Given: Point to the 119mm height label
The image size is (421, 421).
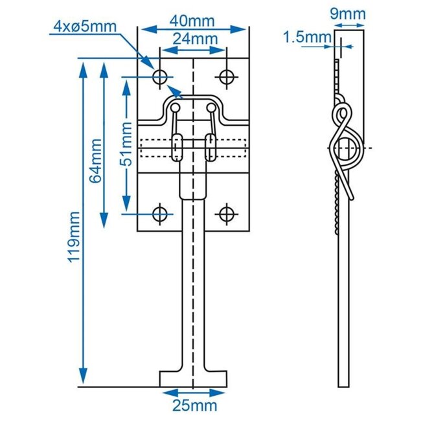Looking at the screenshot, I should (76, 236).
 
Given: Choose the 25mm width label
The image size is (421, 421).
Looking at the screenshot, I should (194, 406).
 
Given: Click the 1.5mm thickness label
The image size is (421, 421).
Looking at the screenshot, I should (306, 38).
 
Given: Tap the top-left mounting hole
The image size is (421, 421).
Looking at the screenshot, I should (160, 77).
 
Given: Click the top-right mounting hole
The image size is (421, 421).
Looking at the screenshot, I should (226, 77).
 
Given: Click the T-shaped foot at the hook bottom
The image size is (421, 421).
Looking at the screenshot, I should (194, 378).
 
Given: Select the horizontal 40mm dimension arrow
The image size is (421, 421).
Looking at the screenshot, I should (194, 28).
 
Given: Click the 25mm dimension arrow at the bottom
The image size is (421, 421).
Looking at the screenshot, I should (194, 393).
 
